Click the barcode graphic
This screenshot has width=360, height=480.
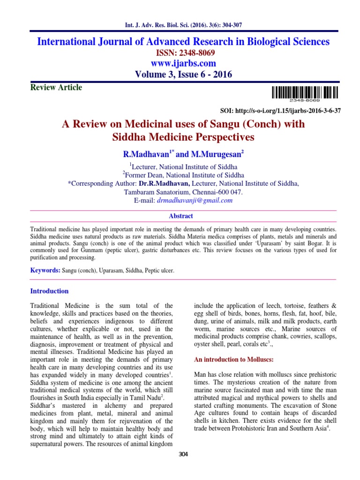[x=304, y=92]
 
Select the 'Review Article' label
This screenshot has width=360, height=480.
[x=56, y=87]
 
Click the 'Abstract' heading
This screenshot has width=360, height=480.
[x=180, y=216]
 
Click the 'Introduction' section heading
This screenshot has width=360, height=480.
[x=49, y=291]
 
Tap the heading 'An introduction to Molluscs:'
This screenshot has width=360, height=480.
[x=230, y=360]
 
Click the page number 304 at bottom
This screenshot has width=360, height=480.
[x=183, y=454]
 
